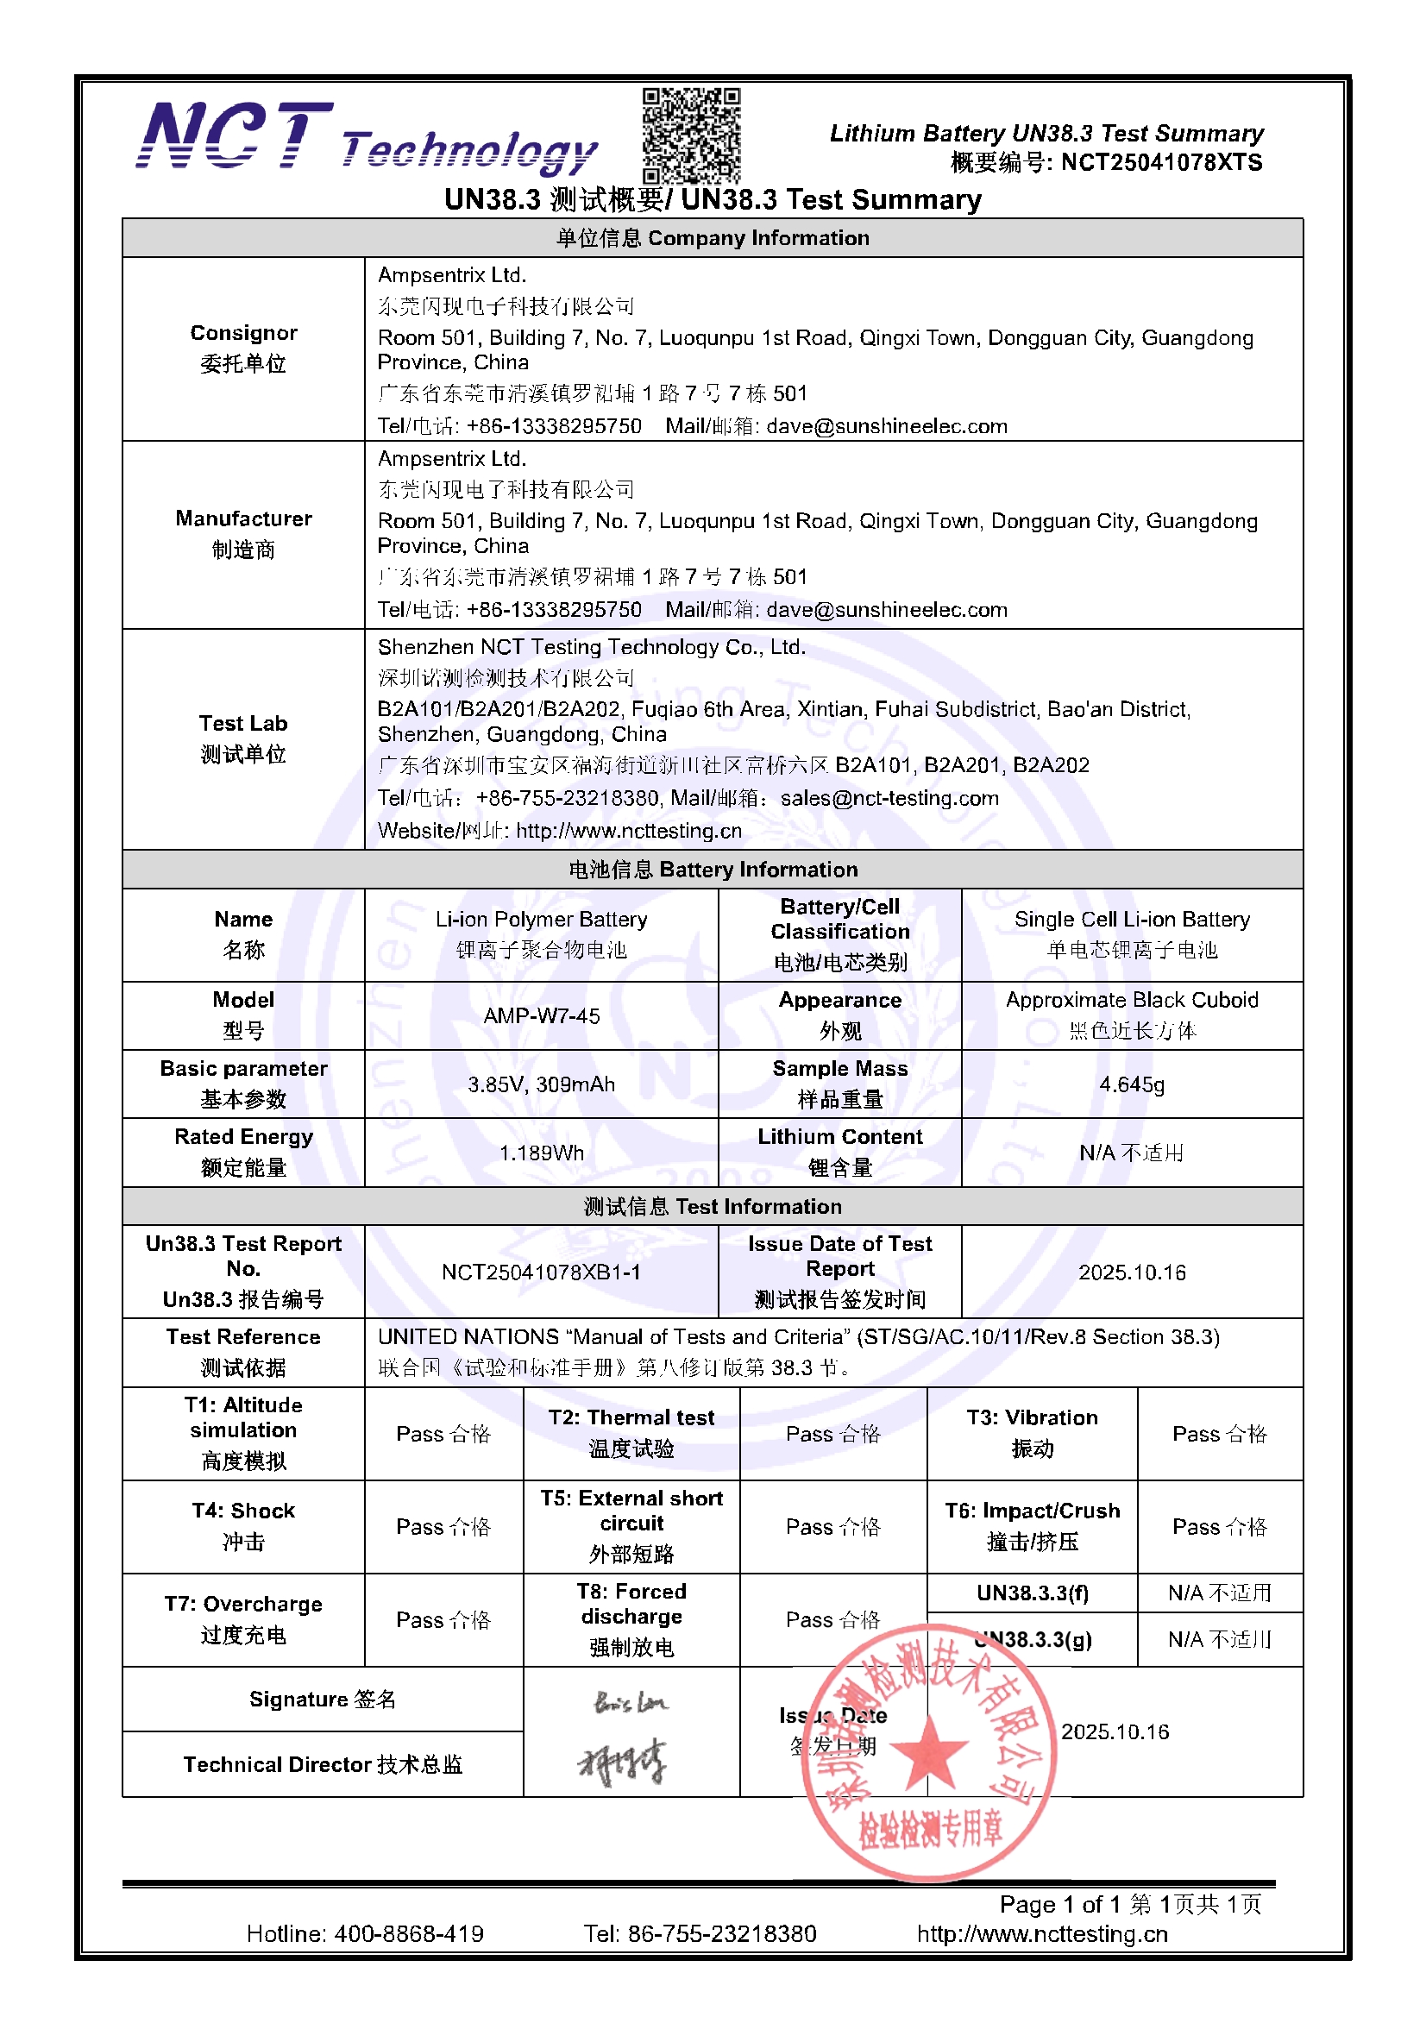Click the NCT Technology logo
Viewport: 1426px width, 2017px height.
tap(367, 139)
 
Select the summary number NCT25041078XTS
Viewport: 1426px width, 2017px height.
tap(1160, 162)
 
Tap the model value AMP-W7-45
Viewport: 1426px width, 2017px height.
tap(541, 1015)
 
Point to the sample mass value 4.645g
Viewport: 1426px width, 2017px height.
tap(1132, 1084)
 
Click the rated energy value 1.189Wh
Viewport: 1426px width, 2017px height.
tap(541, 1153)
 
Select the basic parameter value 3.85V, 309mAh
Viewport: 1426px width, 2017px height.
tap(541, 1084)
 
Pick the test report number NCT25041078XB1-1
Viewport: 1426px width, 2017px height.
tap(541, 1272)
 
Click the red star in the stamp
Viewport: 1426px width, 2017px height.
tap(929, 1754)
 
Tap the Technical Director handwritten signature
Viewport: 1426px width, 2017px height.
tap(622, 1763)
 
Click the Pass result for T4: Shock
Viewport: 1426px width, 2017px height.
tap(443, 1527)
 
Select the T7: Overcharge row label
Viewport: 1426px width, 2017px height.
tap(243, 1619)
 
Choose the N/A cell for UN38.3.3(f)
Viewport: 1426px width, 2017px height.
tap(1220, 1593)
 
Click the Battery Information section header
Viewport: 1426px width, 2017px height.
tap(713, 869)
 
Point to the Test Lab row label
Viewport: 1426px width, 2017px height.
tap(243, 738)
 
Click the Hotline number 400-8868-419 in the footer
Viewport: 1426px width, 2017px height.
tap(409, 1933)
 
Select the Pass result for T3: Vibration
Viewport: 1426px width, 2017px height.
tap(1220, 1434)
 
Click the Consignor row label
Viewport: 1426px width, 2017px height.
tap(243, 348)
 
